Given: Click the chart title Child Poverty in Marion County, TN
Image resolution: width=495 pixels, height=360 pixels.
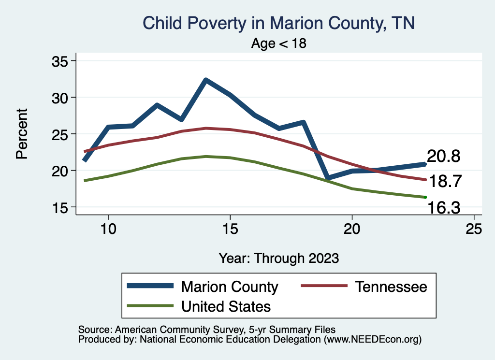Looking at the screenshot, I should (279, 23).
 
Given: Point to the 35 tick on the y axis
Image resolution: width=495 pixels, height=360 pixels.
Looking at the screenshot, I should (61, 61).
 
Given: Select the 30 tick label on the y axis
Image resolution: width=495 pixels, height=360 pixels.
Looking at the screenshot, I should (61, 98).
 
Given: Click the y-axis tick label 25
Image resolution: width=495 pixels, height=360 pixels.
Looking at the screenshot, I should (61, 134).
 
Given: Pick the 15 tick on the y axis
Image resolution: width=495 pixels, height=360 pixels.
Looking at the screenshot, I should (61, 207).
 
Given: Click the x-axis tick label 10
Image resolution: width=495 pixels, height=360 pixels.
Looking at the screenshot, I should (108, 229).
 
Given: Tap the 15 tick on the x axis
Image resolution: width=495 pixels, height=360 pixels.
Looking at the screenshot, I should (230, 229).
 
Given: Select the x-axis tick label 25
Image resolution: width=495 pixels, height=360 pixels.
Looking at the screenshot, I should (474, 229).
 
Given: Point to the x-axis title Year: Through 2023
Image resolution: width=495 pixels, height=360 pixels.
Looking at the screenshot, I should (279, 258).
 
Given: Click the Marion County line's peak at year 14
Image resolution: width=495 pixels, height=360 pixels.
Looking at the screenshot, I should (206, 80).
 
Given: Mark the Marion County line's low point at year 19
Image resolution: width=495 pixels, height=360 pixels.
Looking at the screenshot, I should (328, 178).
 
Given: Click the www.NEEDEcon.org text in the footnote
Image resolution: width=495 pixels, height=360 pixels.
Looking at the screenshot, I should (373, 340).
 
